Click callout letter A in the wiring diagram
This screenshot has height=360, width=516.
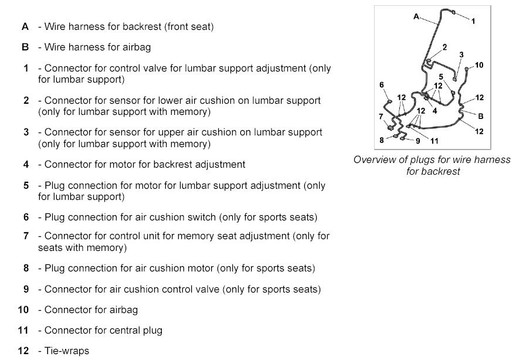[416, 17]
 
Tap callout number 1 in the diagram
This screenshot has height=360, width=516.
[473, 21]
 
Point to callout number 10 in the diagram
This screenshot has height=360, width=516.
[479, 65]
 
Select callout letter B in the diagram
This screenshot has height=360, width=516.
[480, 116]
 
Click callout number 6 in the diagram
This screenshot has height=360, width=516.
[382, 85]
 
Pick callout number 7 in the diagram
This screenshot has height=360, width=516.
[381, 116]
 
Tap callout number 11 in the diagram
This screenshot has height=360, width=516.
[434, 141]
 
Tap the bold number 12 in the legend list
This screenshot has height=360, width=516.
[23, 351]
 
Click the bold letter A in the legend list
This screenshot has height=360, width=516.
[25, 26]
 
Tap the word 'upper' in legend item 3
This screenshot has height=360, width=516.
[159, 132]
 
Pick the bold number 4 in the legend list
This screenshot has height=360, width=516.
[26, 164]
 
